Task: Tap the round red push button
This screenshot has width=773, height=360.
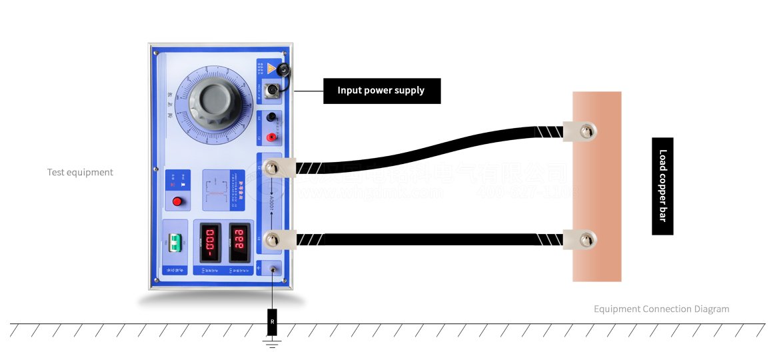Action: click(x=177, y=201)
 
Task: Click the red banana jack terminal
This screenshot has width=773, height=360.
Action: click(x=271, y=137)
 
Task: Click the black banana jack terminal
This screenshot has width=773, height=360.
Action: click(x=271, y=118)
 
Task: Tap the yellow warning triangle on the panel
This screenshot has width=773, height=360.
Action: click(x=271, y=68)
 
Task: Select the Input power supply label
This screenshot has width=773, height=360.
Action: click(x=381, y=91)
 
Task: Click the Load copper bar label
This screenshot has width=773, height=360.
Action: click(x=662, y=186)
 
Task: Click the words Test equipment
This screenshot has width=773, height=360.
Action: click(x=80, y=172)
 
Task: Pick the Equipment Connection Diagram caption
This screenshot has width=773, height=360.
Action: click(x=661, y=309)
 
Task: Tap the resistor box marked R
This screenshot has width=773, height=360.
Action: click(x=272, y=322)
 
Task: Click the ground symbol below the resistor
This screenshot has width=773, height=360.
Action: click(x=272, y=343)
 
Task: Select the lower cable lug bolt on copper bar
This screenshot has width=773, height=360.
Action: click(x=585, y=239)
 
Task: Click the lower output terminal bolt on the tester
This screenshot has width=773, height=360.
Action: click(x=271, y=239)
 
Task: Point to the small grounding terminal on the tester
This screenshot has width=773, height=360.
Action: click(x=273, y=269)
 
